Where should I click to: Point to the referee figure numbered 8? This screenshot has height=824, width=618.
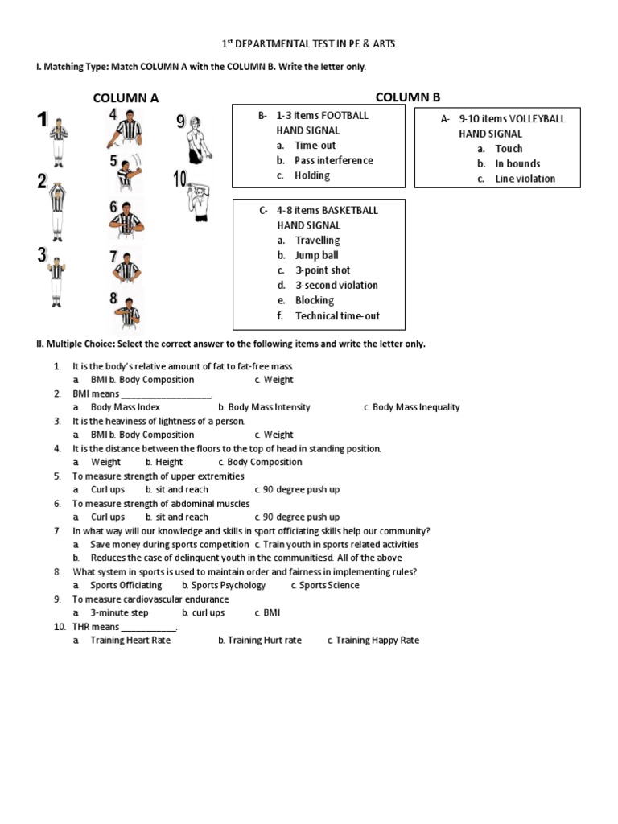pyautogui.click(x=126, y=311)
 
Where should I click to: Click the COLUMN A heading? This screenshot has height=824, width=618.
pyautogui.click(x=126, y=98)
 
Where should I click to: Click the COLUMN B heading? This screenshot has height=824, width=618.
pyautogui.click(x=407, y=97)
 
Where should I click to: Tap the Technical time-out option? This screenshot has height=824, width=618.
pyautogui.click(x=337, y=315)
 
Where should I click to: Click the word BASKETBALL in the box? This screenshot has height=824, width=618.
pyautogui.click(x=350, y=210)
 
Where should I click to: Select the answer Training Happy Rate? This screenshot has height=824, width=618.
pyautogui.click(x=377, y=641)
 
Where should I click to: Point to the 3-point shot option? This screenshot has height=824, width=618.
pyautogui.click(x=323, y=270)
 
